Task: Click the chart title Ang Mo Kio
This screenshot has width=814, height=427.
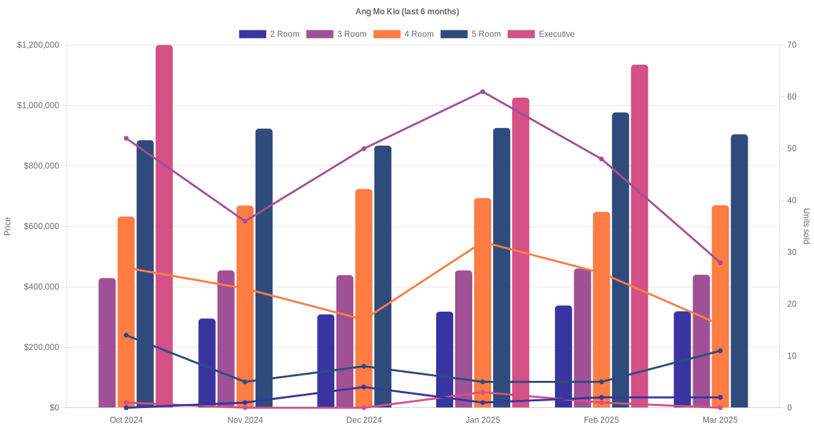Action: coord(407,12)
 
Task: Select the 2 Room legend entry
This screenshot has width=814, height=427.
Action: coord(269,34)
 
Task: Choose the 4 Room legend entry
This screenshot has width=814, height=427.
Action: coord(404,34)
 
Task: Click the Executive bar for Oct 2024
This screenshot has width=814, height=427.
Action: coord(164,226)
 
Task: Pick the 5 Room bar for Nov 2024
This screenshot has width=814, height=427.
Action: coord(264,268)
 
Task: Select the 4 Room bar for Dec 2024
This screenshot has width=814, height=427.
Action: coord(364,298)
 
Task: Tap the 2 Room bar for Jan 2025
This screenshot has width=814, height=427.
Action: coord(444,359)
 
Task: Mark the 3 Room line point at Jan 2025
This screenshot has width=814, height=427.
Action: coord(482,91)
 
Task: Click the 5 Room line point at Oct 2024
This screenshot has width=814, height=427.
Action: coord(126,335)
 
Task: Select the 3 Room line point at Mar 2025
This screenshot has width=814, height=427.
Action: coord(720,262)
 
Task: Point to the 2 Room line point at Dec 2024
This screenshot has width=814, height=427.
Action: coord(364,387)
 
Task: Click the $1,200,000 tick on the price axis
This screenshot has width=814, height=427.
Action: coord(38,45)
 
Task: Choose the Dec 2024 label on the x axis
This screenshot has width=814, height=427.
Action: coord(364,420)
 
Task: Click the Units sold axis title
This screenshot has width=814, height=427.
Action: coord(806,226)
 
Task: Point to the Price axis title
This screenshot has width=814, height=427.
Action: coord(7,226)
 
